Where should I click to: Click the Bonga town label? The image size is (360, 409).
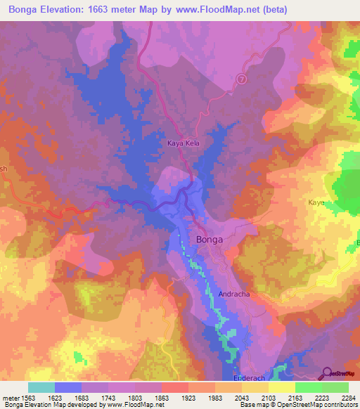(210, 240)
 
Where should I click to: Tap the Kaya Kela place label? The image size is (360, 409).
(184, 143)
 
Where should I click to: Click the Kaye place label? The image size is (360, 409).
(316, 202)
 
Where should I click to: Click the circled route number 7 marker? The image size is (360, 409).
(242, 79)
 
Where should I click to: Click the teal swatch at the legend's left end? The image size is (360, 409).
(41, 387)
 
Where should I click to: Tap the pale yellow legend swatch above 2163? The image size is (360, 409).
(281, 387)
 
